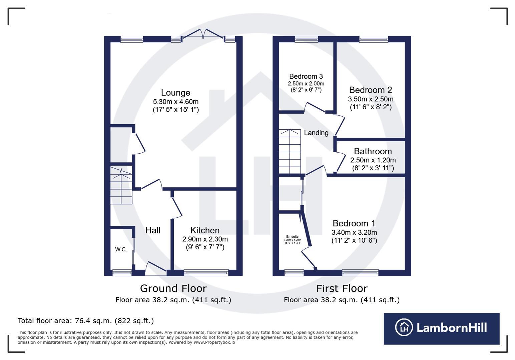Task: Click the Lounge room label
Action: point(175,93)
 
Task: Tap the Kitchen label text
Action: point(205,230)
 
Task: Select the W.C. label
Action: point(121,249)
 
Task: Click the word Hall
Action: point(153,230)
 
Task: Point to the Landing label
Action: point(316,133)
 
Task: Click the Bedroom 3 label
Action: point(306,76)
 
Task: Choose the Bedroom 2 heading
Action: point(370,90)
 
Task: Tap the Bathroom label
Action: point(373,151)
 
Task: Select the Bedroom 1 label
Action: point(354,223)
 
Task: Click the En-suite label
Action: point(292,237)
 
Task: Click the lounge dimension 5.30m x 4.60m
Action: point(175,102)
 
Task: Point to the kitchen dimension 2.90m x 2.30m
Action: point(205,239)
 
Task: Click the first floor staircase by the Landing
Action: point(290,151)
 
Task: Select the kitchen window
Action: point(206,273)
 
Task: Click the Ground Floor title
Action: point(173,288)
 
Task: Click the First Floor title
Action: point(342,288)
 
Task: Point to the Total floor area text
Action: point(85,321)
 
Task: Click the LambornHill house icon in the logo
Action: point(404,327)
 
